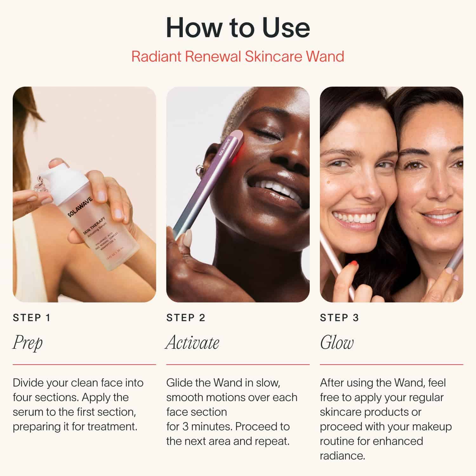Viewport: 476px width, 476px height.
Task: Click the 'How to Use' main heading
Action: pos(238,28)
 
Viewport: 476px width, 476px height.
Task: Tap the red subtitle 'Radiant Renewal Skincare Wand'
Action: pos(238,56)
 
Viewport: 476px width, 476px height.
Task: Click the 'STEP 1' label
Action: pos(31,318)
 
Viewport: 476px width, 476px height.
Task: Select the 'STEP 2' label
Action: pos(186,318)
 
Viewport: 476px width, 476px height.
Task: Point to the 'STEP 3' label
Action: pos(339,318)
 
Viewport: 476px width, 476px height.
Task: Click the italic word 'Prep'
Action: pos(28,343)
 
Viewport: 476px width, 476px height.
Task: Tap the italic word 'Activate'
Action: pos(192,343)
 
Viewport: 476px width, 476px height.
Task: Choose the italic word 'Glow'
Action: pos(336,343)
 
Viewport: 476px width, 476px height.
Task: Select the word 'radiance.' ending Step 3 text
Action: pos(342,456)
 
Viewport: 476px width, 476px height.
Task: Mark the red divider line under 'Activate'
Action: pos(238,365)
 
